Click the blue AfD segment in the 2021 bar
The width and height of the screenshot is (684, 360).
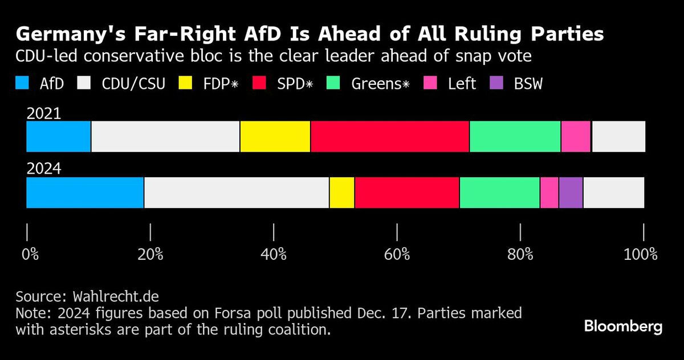pyautogui.click(x=59, y=136)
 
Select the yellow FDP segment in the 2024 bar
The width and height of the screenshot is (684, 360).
pyautogui.click(x=342, y=193)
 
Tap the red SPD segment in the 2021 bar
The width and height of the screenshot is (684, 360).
pyautogui.click(x=390, y=136)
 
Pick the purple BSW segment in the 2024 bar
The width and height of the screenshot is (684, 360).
pyautogui.click(x=571, y=193)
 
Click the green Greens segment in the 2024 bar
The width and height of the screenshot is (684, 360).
pyautogui.click(x=499, y=193)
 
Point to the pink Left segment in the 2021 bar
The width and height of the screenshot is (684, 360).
pyautogui.click(x=576, y=136)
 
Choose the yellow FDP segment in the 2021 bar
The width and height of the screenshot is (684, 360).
pyautogui.click(x=275, y=136)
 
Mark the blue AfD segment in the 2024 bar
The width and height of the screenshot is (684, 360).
pyautogui.click(x=85, y=193)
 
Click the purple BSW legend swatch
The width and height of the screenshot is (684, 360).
pyautogui.click(x=496, y=83)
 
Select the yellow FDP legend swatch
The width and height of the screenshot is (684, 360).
pyautogui.click(x=186, y=83)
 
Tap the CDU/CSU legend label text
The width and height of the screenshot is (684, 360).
pyautogui.click(x=133, y=84)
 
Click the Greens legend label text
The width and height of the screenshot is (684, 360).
pyautogui.click(x=380, y=84)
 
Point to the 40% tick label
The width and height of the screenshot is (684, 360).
pyautogui.click(x=274, y=254)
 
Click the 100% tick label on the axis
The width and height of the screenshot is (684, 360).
pyautogui.click(x=640, y=254)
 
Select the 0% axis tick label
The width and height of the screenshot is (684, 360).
pyautogui.click(x=30, y=254)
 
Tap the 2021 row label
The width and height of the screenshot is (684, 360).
pyautogui.click(x=44, y=113)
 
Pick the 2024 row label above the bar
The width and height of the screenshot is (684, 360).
pyautogui.click(x=44, y=169)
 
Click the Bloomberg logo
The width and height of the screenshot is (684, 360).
pyautogui.click(x=623, y=327)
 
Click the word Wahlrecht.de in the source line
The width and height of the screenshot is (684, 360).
pyautogui.click(x=116, y=297)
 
